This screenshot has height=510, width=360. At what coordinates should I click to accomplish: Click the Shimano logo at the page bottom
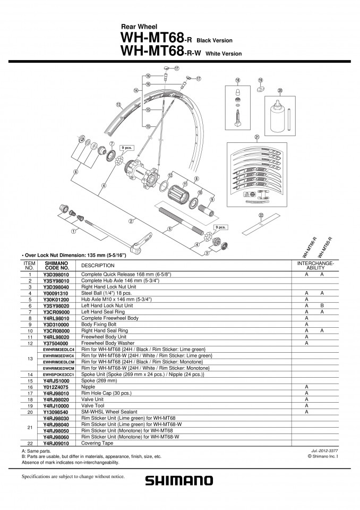tap(179, 480)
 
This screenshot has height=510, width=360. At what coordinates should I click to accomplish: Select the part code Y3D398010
tap(56, 274)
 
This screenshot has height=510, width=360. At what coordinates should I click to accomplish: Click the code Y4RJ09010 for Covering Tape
tap(56, 443)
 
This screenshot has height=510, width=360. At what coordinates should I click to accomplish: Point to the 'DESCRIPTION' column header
tap(98, 266)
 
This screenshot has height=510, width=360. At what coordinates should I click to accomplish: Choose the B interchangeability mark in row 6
tap(322, 305)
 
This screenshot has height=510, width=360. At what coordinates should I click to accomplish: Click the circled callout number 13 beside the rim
tap(118, 105)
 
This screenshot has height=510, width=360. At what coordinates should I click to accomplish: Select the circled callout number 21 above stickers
tap(257, 137)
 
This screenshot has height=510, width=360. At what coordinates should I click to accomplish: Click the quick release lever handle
tap(142, 241)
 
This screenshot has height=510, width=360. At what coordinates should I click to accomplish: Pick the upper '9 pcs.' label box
tap(126, 148)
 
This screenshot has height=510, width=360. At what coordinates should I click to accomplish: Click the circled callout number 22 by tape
tap(261, 215)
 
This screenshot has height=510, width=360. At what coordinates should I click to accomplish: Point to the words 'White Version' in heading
tap(224, 54)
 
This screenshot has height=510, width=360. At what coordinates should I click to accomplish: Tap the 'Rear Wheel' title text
tap(139, 27)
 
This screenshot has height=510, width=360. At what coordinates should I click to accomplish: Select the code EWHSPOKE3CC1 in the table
tap(58, 375)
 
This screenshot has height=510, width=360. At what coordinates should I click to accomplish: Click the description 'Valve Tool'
tap(93, 405)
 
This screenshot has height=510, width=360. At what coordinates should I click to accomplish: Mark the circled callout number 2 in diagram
tap(131, 222)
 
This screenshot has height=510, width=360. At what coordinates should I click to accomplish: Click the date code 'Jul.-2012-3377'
tap(324, 451)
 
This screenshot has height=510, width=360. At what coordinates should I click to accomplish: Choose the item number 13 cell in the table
tap(30, 359)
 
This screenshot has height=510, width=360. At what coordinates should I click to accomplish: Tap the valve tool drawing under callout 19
tap(261, 89)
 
